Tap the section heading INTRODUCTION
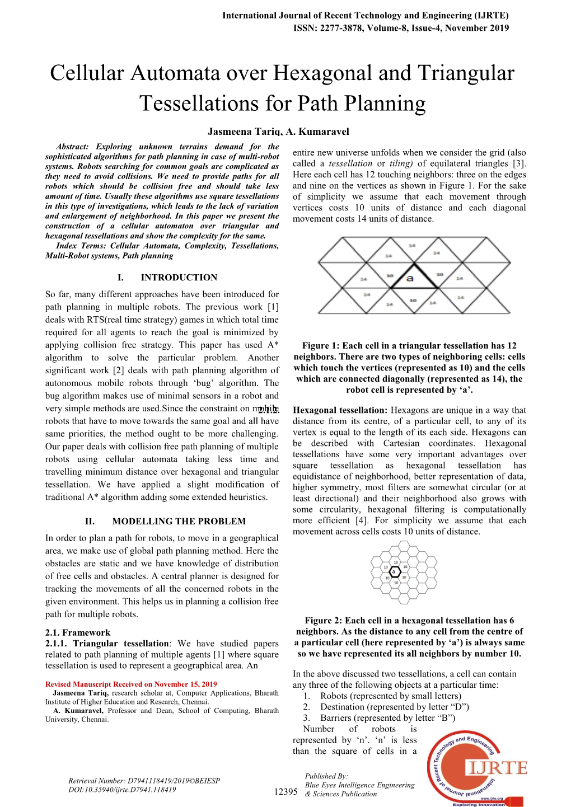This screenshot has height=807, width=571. point(179,278)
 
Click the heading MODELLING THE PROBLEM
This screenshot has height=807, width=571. point(179,521)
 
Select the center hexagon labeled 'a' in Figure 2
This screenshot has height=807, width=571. point(395,571)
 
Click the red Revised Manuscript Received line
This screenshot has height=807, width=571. point(131,684)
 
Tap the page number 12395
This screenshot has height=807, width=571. point(285,791)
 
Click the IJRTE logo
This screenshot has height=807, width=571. point(478,768)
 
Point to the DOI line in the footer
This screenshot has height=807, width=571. point(122,790)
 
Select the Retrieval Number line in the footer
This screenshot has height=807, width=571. point(144,781)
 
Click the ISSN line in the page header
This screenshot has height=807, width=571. point(401,28)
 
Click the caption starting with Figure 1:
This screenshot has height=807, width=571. point(409,368)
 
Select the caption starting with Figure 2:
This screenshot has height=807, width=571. point(409,637)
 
